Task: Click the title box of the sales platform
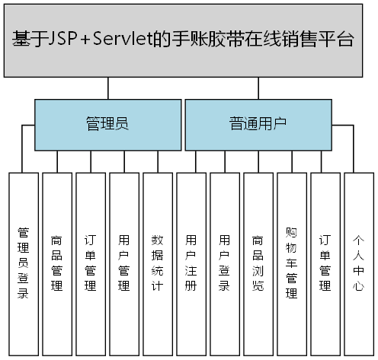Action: click(183, 40)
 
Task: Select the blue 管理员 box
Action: click(106, 124)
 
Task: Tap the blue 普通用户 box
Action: click(258, 124)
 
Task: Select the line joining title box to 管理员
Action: click(107, 88)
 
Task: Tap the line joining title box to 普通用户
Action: click(259, 88)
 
